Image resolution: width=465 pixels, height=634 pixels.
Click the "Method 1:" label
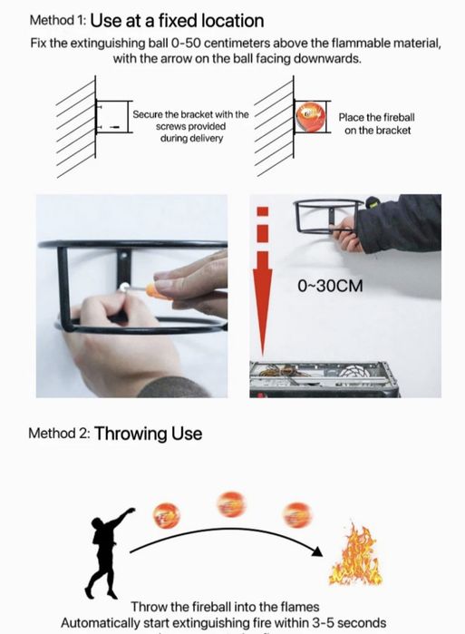click(57, 20)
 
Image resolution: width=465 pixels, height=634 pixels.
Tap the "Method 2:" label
click(59, 434)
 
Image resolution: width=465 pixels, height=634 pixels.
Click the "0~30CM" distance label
click(330, 286)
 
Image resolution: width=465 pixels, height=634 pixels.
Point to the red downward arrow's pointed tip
click(263, 355)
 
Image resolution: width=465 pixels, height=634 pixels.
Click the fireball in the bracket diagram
click(310, 117)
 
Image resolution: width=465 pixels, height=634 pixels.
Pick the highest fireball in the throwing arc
click(231, 504)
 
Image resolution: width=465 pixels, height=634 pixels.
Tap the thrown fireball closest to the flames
click(297, 514)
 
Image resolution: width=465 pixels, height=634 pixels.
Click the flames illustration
click(355, 554)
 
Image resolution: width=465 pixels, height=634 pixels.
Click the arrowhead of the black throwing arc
click(318, 551)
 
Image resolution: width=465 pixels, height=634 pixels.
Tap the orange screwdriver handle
click(155, 290)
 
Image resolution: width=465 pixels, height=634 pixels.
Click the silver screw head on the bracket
click(124, 288)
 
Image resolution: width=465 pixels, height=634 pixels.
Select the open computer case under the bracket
click(324, 379)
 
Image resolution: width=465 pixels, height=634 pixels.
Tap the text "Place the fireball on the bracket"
click(377, 123)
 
